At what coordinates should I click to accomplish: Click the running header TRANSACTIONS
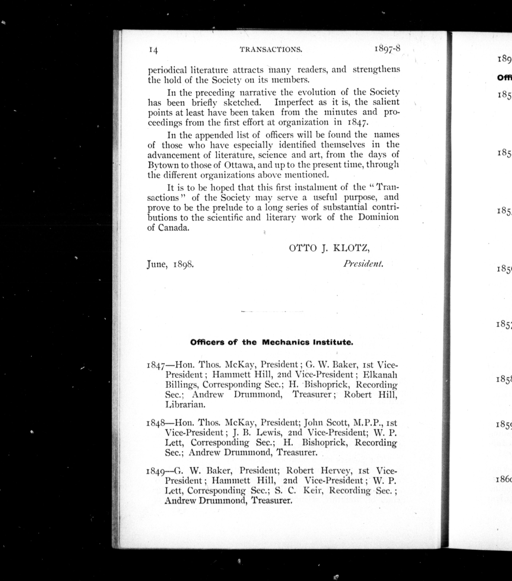[271, 50]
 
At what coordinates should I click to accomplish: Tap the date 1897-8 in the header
[387, 49]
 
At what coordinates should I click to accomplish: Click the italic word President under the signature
[363, 264]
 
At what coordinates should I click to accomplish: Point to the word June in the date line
[156, 265]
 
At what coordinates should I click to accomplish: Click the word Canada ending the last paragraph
[174, 228]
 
